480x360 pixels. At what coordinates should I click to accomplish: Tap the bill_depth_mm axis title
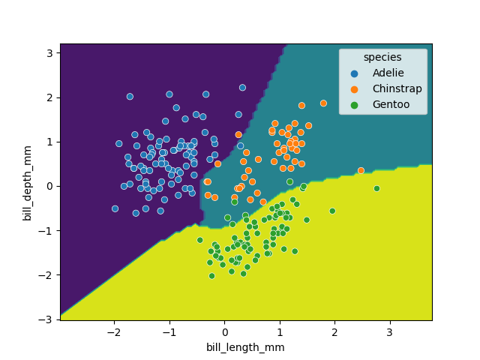(x=28, y=181)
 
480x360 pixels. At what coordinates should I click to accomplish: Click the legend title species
(x=382, y=58)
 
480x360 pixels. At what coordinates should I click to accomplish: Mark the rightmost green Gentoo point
(x=376, y=188)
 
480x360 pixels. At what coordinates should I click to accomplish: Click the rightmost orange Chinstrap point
(x=361, y=170)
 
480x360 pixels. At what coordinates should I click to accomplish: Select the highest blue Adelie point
(x=242, y=88)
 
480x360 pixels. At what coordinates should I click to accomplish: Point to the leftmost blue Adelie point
(x=115, y=208)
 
